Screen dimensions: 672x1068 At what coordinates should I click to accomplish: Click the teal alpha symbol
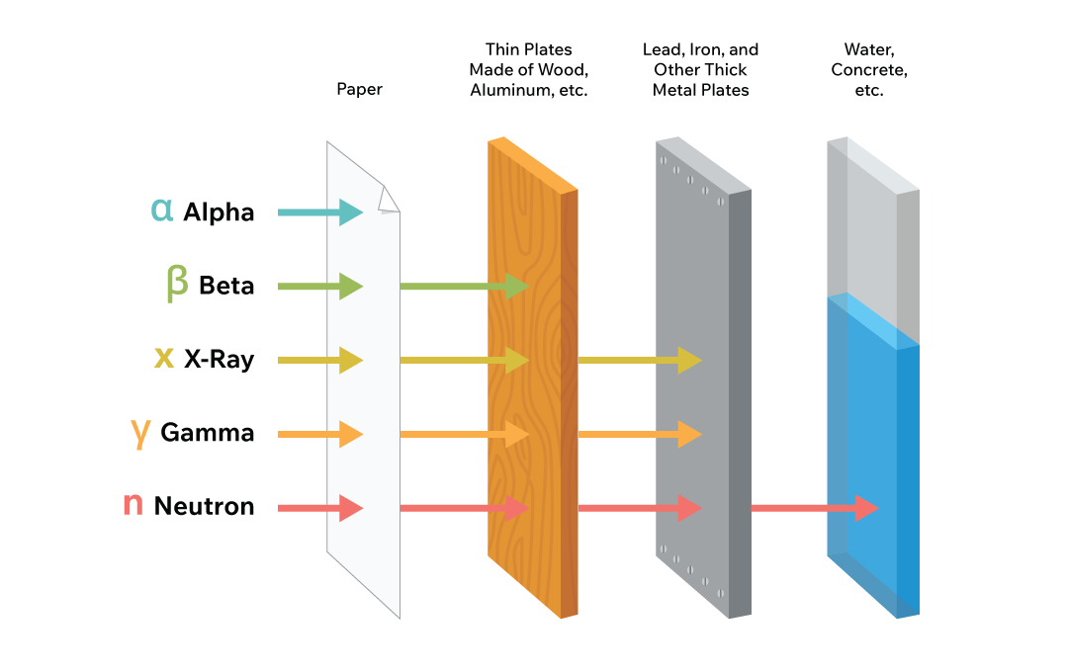161,210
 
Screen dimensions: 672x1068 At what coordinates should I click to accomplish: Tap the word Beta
226,286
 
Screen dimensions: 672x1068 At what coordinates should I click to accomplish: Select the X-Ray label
219,360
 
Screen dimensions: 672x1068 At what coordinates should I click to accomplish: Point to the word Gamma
207,433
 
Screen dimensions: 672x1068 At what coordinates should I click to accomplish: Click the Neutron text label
204,507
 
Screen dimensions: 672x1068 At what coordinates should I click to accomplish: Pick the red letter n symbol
133,505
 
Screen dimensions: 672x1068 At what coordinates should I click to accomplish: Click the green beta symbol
177,284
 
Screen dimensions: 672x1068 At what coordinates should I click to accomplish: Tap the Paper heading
359,89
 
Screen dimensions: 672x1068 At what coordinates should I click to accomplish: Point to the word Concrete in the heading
869,69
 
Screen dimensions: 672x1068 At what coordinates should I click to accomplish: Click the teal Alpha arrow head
351,211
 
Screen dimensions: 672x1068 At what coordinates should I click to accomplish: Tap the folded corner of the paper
389,201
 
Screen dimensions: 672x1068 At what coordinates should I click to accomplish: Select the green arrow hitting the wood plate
465,286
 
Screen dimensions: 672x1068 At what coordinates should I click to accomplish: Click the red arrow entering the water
815,508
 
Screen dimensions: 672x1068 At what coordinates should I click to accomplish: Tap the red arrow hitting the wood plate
465,508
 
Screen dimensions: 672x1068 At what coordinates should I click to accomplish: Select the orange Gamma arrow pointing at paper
320,434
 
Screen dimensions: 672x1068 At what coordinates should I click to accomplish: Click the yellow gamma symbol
140,432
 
